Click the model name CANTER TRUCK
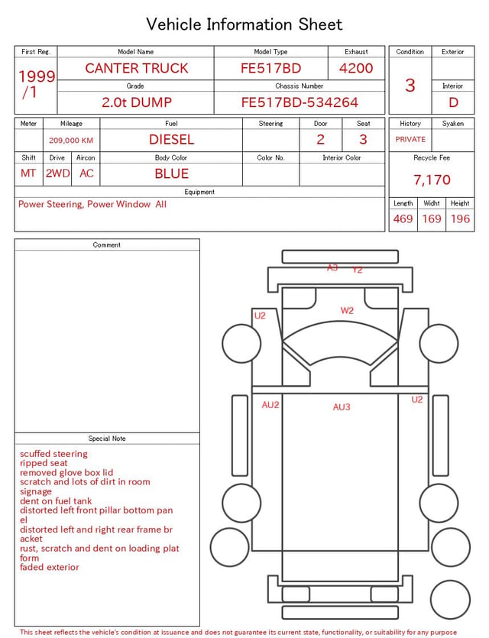coord(137,68)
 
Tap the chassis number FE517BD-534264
coord(300,102)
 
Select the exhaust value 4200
coord(356,68)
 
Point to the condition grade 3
coord(410,86)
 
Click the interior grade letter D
coord(453,102)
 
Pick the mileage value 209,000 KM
coord(71,141)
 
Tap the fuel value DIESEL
coord(171,140)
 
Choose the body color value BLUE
coord(171,173)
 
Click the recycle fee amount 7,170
coord(432,180)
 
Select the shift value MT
coord(28,173)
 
